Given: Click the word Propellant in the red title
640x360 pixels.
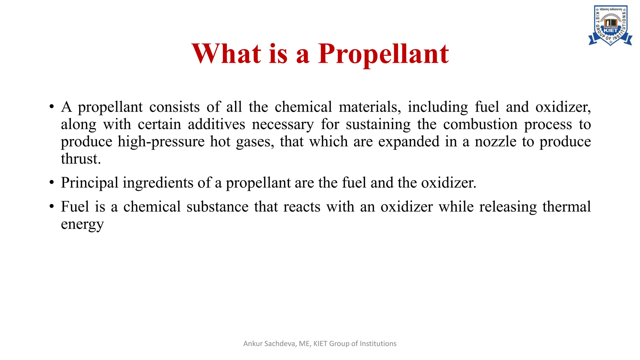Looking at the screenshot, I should (x=383, y=54).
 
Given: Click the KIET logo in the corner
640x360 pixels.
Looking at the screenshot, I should (x=610, y=26).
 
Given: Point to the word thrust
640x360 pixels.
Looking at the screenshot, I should (x=81, y=159).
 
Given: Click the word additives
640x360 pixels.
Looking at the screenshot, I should (x=216, y=124).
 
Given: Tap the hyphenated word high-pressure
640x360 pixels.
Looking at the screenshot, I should (x=161, y=142).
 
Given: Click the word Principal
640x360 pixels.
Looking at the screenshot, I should (x=90, y=183).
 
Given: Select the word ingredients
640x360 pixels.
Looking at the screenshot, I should (x=158, y=183).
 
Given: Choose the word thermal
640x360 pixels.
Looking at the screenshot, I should (x=566, y=207).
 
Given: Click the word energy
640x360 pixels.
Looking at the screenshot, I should (x=82, y=224).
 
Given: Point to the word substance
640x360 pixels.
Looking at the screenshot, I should (x=217, y=207).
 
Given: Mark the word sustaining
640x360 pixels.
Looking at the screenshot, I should (x=378, y=124).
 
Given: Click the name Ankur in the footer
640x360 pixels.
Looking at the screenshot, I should (x=253, y=344).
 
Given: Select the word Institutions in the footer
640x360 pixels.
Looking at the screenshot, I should (x=378, y=344).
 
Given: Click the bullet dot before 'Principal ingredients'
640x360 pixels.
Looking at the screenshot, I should (x=52, y=182).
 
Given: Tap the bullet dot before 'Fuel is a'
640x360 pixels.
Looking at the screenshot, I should (x=52, y=207).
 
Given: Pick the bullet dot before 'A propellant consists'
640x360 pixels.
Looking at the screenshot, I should (x=52, y=107).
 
